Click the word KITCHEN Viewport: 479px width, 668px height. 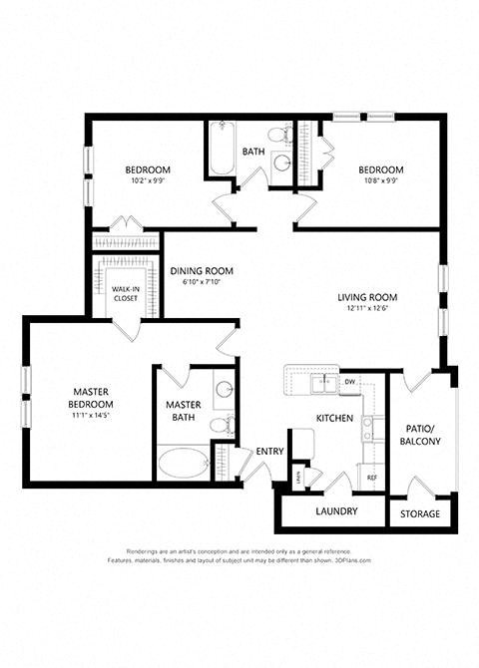[x=334, y=418]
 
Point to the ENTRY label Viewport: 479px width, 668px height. [x=269, y=452]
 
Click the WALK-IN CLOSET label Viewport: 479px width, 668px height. [x=125, y=292]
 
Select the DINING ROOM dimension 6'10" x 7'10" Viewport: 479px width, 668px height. [x=201, y=282]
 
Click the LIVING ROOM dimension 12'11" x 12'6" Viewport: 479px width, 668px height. [x=368, y=308]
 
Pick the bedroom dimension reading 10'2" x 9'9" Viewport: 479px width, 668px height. [x=147, y=181]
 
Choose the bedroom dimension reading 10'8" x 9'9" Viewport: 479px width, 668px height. [x=381, y=181]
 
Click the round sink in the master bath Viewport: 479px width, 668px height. [x=224, y=390]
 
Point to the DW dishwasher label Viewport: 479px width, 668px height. [x=350, y=382]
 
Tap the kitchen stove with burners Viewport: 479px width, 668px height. [x=368, y=429]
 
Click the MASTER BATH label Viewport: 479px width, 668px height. [x=185, y=412]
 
